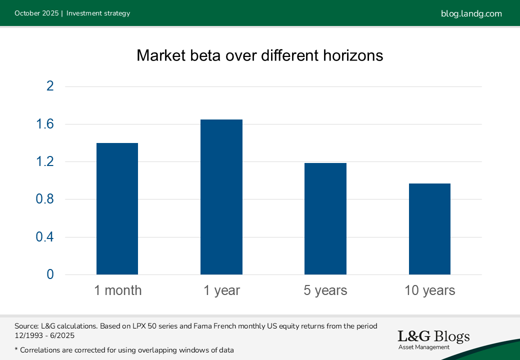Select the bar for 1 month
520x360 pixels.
click(117, 209)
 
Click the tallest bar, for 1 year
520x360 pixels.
click(221, 197)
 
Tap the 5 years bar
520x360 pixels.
click(325, 219)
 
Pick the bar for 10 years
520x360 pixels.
click(429, 229)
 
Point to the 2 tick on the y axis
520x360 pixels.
click(49, 86)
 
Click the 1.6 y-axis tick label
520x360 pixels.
click(44, 124)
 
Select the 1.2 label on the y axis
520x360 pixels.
click(44, 162)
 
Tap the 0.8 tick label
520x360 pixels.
click(44, 199)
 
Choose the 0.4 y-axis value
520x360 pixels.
click(44, 237)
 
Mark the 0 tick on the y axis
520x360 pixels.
click(49, 274)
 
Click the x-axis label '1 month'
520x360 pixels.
click(117, 290)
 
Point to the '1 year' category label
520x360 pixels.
click(221, 290)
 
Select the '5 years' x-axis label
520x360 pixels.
click(325, 290)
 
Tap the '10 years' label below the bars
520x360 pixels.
click(430, 290)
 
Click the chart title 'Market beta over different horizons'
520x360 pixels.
click(260, 55)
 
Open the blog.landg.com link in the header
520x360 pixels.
click(471, 13)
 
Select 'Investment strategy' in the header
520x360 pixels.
click(98, 13)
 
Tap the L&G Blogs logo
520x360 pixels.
click(433, 339)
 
